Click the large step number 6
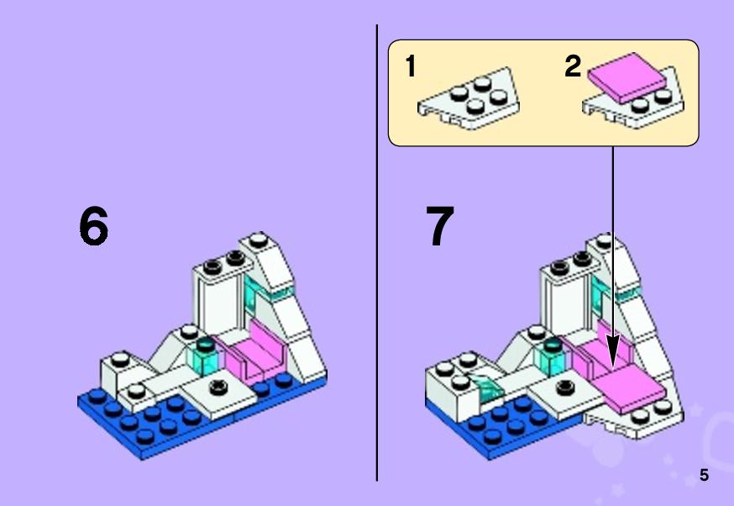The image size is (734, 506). [93, 226]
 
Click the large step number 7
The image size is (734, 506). [439, 226]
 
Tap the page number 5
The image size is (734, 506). [704, 475]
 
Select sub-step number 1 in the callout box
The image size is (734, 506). [411, 66]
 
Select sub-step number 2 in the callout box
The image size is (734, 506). [573, 66]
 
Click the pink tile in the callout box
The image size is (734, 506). [627, 77]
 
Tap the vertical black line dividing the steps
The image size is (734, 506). [377, 253]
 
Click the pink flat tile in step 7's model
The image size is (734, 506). [630, 389]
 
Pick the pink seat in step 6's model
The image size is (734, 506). [256, 352]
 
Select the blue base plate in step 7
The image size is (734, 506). [506, 429]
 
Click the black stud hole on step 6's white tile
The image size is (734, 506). [218, 387]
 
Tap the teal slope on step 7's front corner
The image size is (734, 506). [488, 387]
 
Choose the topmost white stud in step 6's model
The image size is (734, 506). [258, 240]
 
